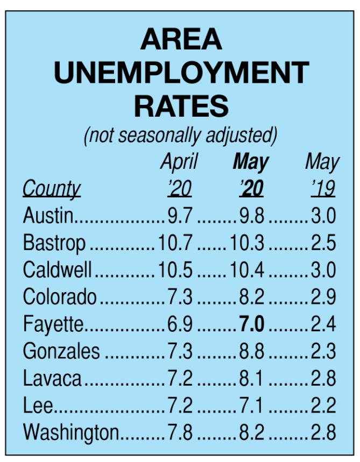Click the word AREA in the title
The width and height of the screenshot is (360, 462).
pyautogui.click(x=181, y=39)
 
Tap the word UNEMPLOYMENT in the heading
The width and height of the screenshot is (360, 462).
pyautogui.click(x=181, y=73)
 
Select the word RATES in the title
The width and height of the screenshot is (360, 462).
pyautogui.click(x=181, y=106)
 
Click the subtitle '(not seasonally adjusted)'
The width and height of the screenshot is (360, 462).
pyautogui.click(x=180, y=136)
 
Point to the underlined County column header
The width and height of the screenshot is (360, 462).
pyautogui.click(x=51, y=189)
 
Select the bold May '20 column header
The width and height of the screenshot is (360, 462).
pyautogui.click(x=251, y=175)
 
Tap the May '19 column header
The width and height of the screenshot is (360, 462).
pyautogui.click(x=322, y=175)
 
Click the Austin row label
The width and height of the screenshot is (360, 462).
pyautogui.click(x=48, y=215)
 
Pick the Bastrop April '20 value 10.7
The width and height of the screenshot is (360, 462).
pyautogui.click(x=175, y=243)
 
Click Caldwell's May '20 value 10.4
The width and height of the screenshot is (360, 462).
pyautogui.click(x=247, y=269)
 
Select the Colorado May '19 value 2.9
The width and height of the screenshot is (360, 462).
pyautogui.click(x=323, y=296)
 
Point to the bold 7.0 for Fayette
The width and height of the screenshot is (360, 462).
pyautogui.click(x=252, y=324)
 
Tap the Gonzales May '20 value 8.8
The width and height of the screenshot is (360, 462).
pyautogui.click(x=251, y=351)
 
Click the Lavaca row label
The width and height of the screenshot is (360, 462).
pyautogui.click(x=52, y=378)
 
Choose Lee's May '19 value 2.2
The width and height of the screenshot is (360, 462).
pyautogui.click(x=323, y=405)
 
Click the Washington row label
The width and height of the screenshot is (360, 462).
pyautogui.click(x=70, y=432)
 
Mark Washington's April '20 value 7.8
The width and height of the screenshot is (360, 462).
pyautogui.click(x=180, y=432)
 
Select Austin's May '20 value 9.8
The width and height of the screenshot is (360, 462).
pyautogui.click(x=251, y=215)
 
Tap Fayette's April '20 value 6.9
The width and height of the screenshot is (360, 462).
pyautogui.click(x=180, y=324)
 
